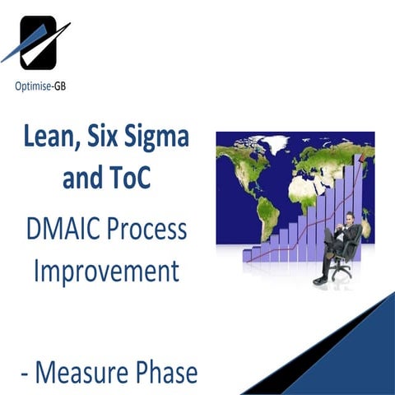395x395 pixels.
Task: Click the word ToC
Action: tap(131, 176)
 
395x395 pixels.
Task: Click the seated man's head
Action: tap(349, 219)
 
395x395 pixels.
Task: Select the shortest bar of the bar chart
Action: tap(247, 255)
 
